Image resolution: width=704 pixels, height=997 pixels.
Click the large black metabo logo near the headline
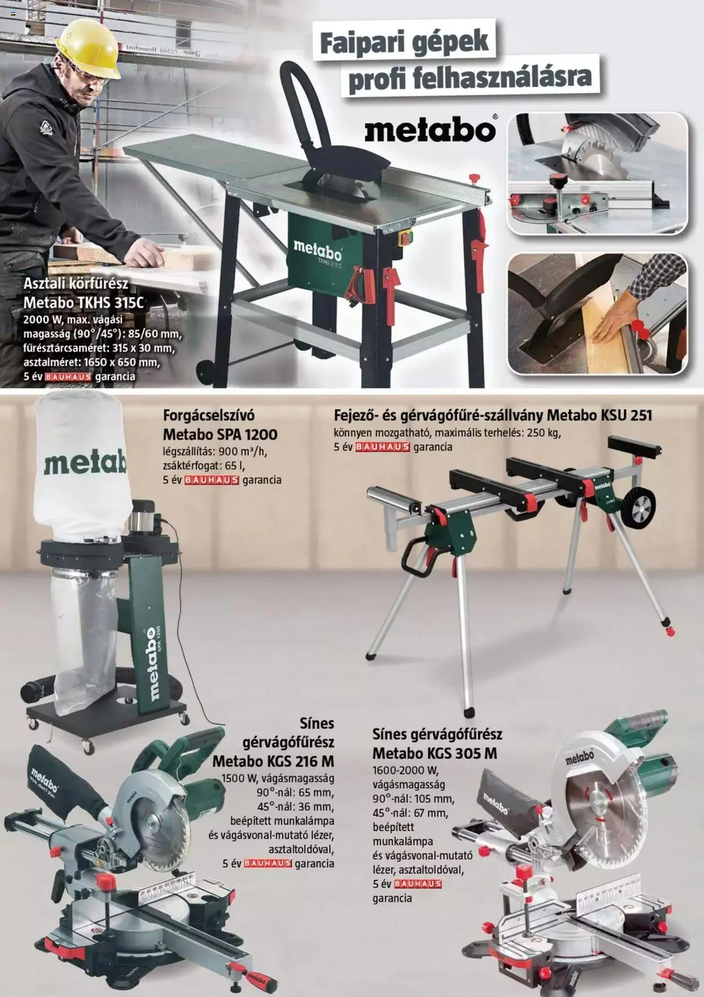430,130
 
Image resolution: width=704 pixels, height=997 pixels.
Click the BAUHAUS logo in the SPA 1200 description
211,480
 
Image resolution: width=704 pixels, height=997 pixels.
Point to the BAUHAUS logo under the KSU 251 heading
383,447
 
